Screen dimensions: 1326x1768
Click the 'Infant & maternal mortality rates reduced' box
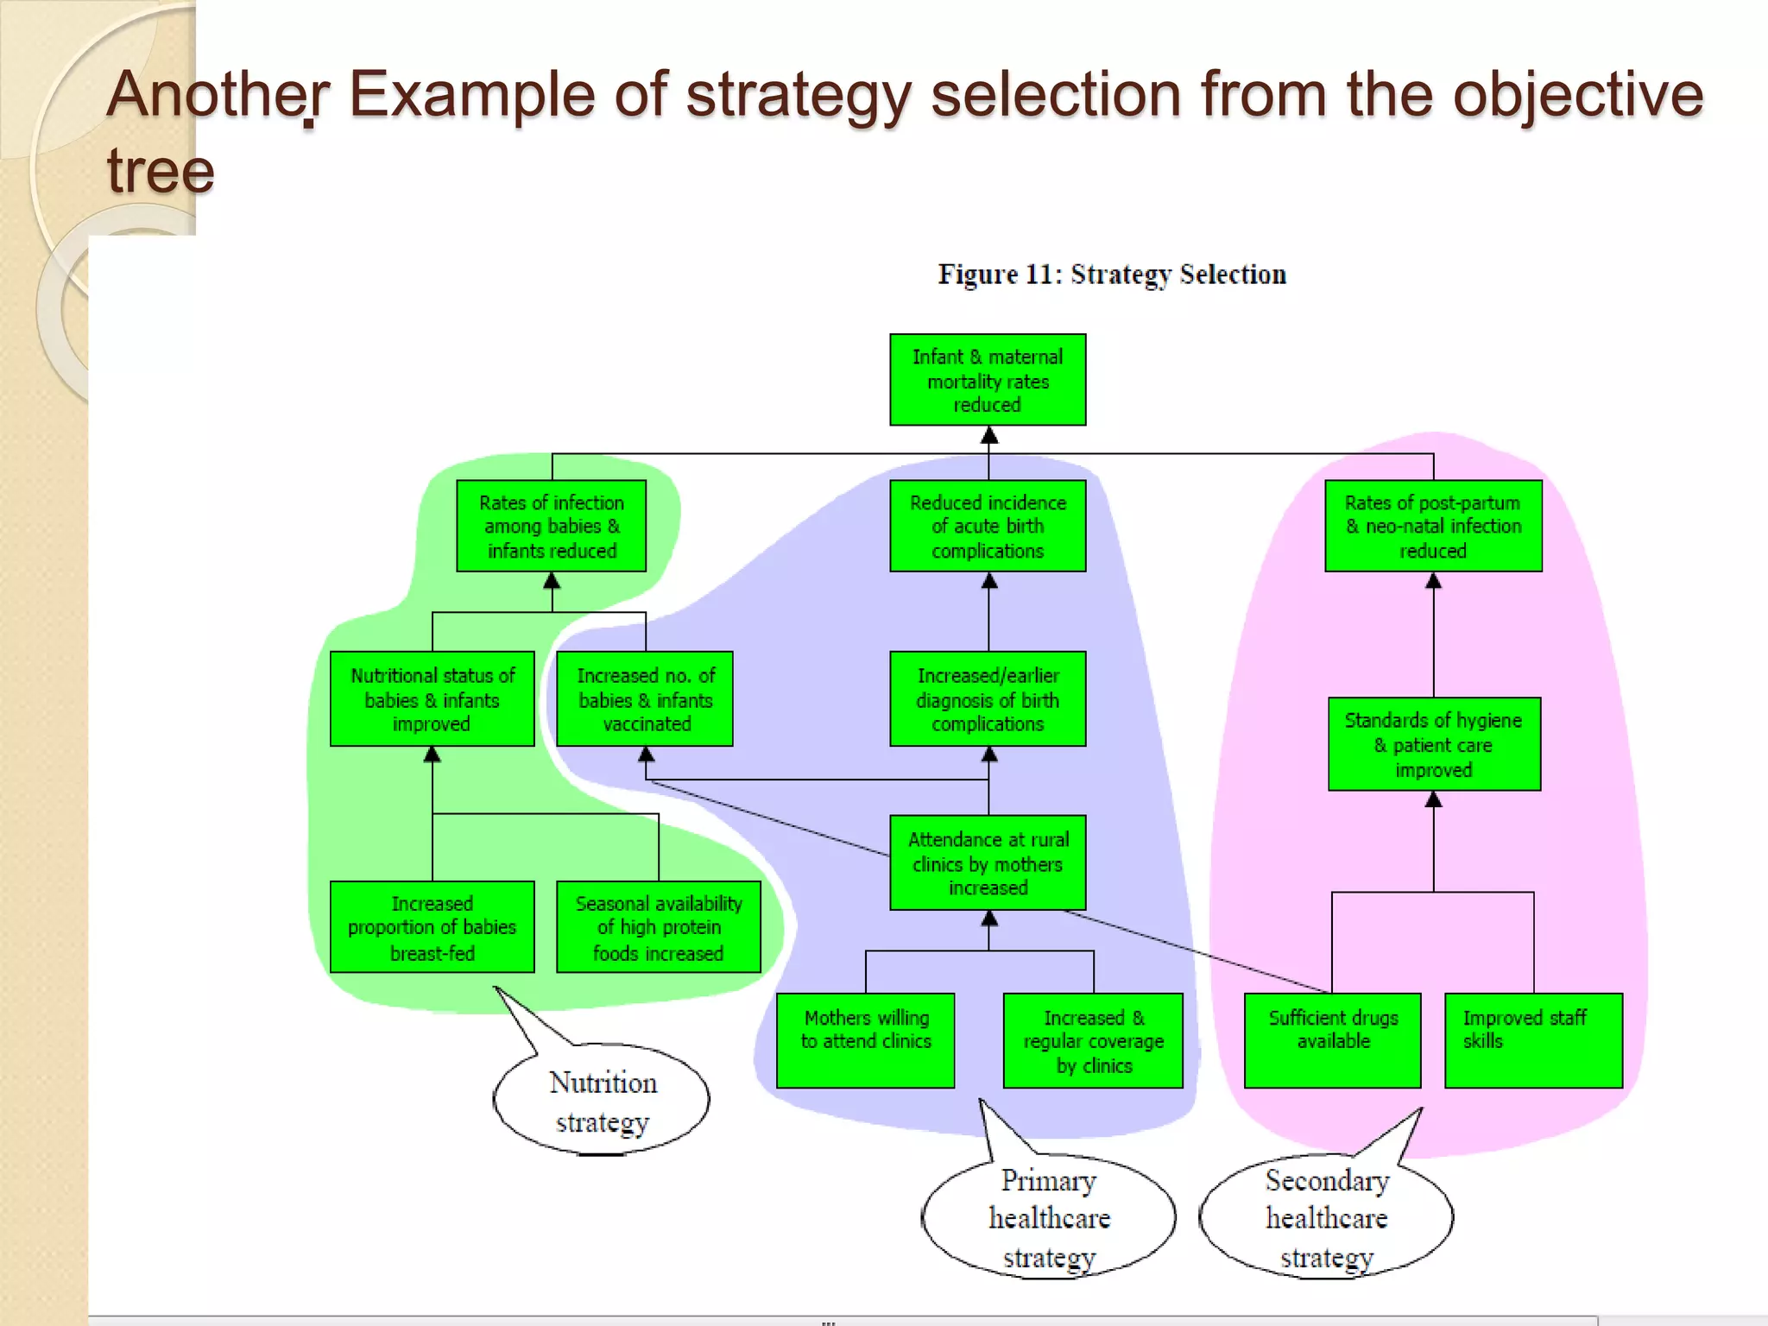(x=988, y=380)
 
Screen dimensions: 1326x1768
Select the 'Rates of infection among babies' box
(x=551, y=526)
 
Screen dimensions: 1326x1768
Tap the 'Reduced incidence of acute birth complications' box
(x=988, y=526)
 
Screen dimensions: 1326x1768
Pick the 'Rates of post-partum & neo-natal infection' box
(x=1433, y=526)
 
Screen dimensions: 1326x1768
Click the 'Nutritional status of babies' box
(x=432, y=698)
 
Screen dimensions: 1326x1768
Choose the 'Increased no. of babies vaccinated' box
(x=645, y=698)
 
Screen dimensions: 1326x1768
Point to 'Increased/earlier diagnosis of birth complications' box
(x=988, y=698)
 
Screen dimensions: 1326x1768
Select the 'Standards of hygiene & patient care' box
(x=1434, y=743)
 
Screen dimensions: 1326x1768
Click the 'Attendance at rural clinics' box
(x=988, y=862)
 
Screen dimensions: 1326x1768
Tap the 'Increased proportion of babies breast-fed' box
(x=432, y=927)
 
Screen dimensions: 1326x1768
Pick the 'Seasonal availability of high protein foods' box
(x=659, y=927)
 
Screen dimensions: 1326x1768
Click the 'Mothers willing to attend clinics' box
(x=866, y=1040)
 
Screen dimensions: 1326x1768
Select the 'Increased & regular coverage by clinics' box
(x=1093, y=1040)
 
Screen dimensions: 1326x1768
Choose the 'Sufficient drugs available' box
(x=1332, y=1040)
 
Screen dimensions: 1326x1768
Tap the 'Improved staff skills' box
(x=1533, y=1040)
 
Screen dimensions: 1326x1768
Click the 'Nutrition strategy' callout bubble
(x=602, y=1101)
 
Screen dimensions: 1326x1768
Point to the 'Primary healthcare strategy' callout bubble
(x=1049, y=1218)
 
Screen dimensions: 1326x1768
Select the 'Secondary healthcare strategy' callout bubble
(x=1327, y=1218)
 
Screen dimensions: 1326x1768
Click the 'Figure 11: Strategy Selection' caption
(x=1112, y=275)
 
